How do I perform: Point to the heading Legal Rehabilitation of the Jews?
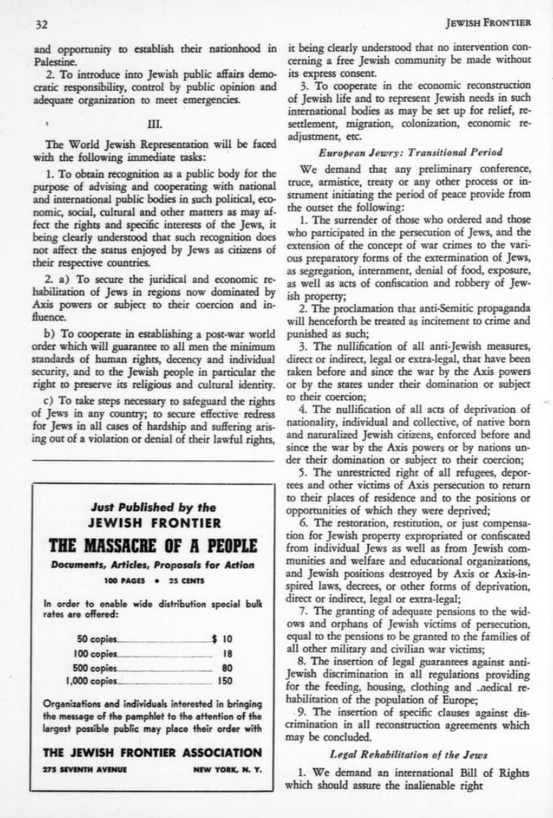coord(410,748)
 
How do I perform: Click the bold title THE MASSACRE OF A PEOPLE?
coord(153,546)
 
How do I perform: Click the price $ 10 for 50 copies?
coord(223,639)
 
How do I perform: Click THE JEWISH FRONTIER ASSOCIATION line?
coord(153,752)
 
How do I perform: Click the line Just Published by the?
coord(153,507)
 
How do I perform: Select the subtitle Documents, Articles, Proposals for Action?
coord(153,565)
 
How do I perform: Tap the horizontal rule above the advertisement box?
coord(153,461)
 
